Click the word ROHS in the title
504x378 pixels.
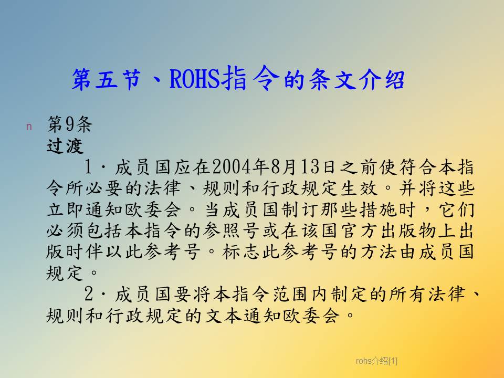(195, 79)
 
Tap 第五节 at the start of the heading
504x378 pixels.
(107, 79)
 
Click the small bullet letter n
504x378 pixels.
(29, 127)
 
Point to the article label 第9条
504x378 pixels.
(69, 124)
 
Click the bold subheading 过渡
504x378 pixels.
(65, 146)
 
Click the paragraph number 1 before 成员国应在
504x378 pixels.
(88, 167)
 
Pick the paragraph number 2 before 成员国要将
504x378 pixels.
(88, 294)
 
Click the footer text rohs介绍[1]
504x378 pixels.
(376, 361)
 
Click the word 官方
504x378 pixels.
(359, 231)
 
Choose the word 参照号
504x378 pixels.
(232, 231)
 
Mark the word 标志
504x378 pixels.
(241, 252)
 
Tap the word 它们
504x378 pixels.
(456, 209)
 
